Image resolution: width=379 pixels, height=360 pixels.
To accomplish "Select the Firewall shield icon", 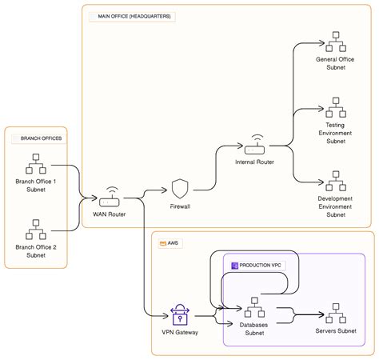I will (x=180, y=189).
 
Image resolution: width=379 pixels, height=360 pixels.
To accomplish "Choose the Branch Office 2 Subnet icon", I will (x=36, y=230).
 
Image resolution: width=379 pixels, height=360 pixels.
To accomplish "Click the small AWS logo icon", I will (x=162, y=242).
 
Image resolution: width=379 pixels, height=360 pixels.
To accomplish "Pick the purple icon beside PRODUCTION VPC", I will (x=235, y=264).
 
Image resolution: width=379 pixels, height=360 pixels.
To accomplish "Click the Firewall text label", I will (x=180, y=206).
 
